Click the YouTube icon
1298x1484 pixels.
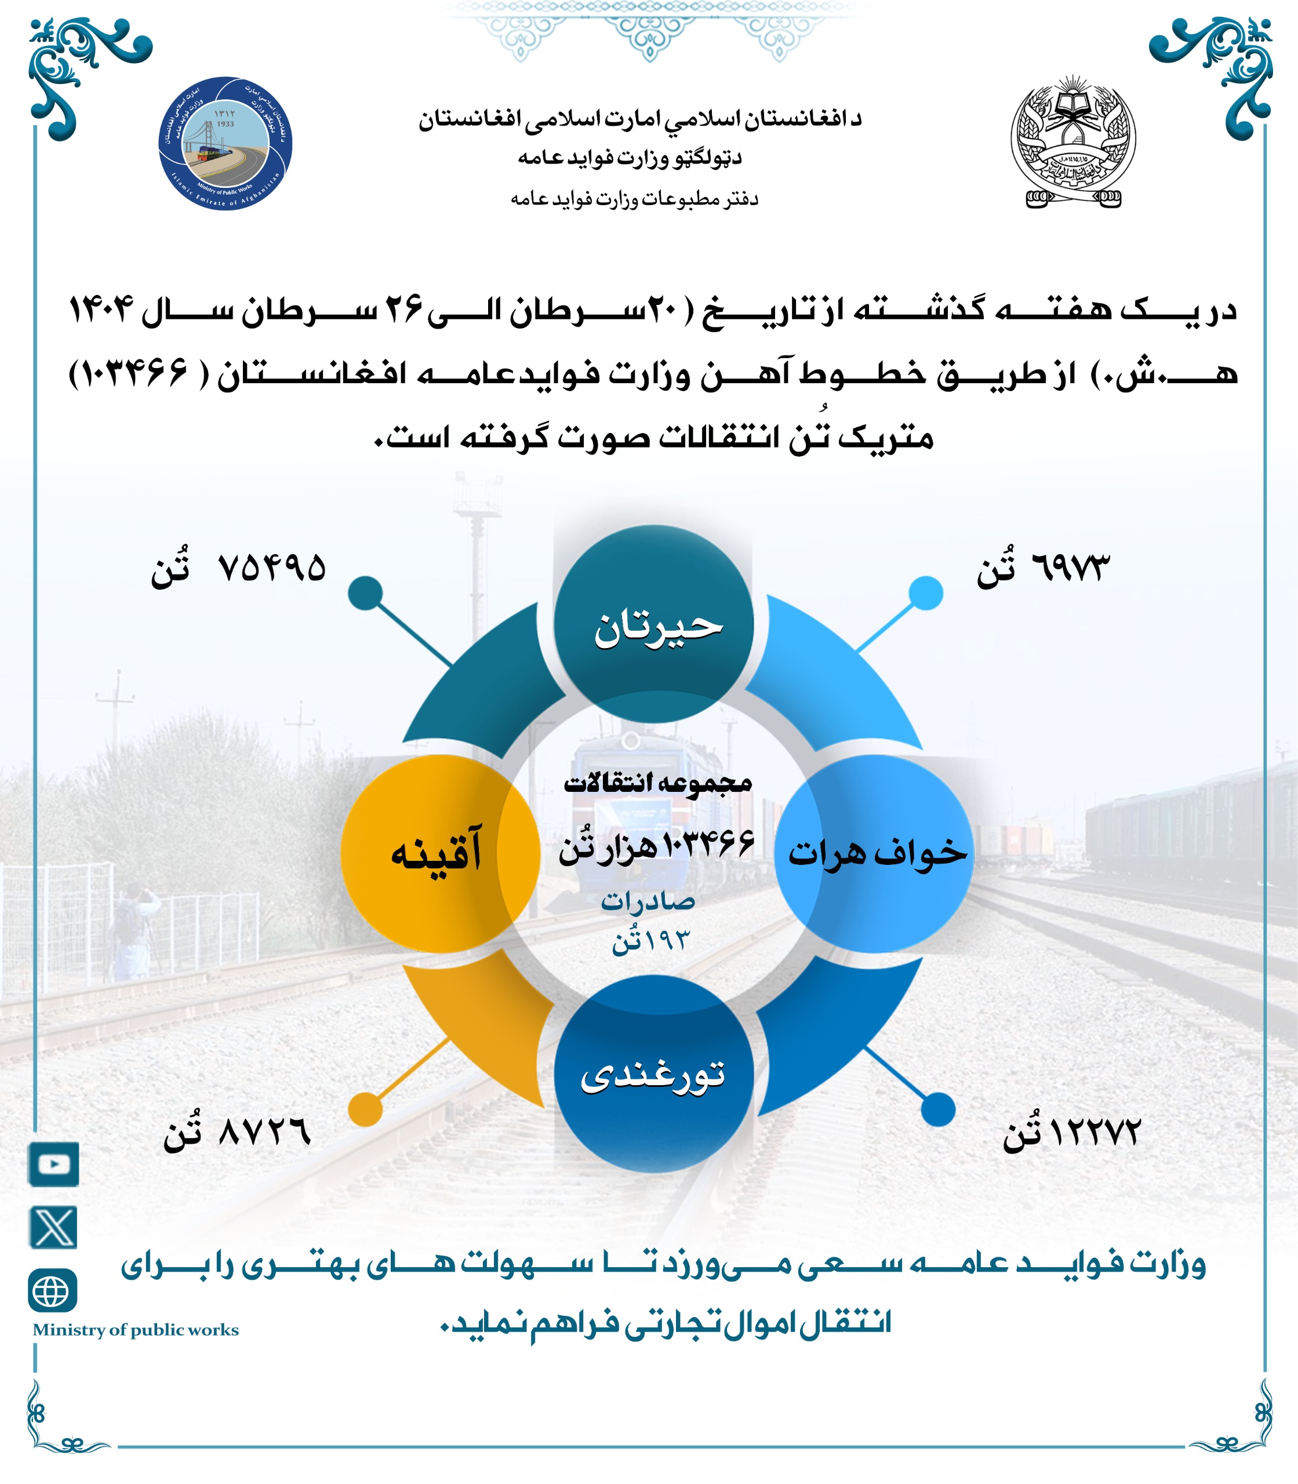(x=53, y=1164)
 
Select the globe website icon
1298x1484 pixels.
(x=52, y=1290)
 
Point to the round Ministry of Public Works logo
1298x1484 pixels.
(x=226, y=143)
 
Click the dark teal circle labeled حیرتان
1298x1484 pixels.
(x=653, y=624)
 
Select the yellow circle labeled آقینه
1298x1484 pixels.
(x=439, y=853)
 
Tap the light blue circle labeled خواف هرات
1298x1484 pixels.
(x=874, y=853)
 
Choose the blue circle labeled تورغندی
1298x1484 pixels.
(x=653, y=1074)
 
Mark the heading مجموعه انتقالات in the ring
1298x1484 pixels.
(x=657, y=783)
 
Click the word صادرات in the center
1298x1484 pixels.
(x=648, y=901)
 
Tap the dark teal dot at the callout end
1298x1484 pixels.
(x=365, y=593)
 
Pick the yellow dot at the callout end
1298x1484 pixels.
(x=365, y=1109)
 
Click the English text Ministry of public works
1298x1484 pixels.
(x=136, y=1330)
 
